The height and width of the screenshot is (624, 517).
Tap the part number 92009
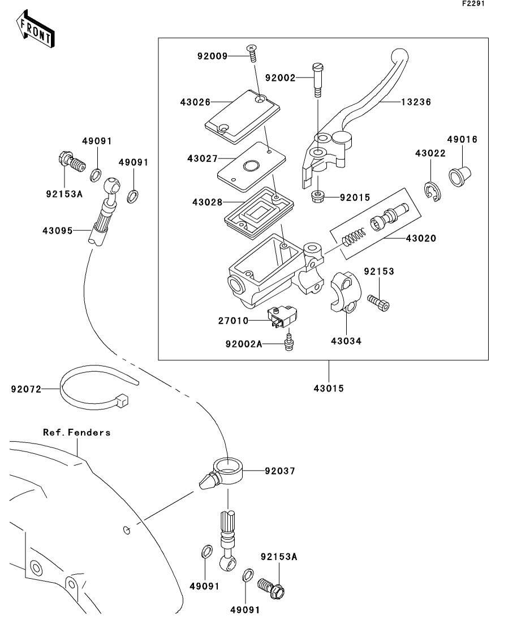[212, 56]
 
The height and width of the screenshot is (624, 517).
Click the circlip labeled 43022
[433, 191]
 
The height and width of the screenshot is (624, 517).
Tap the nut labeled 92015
[318, 197]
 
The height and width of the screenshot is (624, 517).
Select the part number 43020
[421, 238]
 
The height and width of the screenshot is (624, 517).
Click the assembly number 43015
[329, 388]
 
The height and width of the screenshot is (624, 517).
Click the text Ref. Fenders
[77, 432]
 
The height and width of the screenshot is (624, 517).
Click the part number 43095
[57, 230]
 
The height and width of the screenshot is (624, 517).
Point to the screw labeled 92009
[251, 54]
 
